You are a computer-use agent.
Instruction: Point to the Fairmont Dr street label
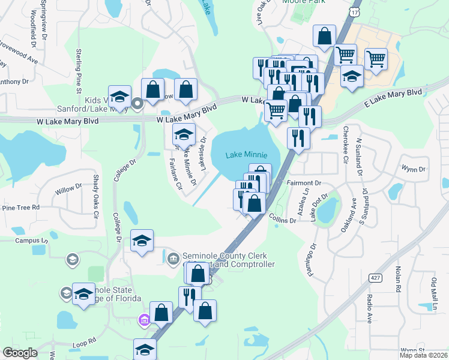[304, 182]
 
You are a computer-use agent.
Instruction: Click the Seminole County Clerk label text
[226, 255]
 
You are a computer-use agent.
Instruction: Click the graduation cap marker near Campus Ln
[142, 241]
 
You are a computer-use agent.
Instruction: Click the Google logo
[20, 353]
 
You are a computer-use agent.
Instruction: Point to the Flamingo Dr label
[313, 255]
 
